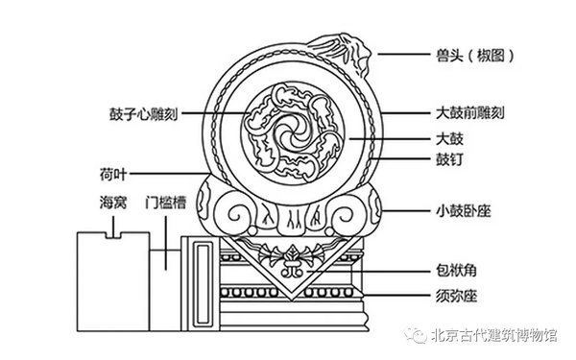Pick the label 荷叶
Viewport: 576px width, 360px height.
(110, 175)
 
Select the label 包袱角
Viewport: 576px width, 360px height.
(455, 271)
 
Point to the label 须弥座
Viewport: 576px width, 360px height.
(455, 294)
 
